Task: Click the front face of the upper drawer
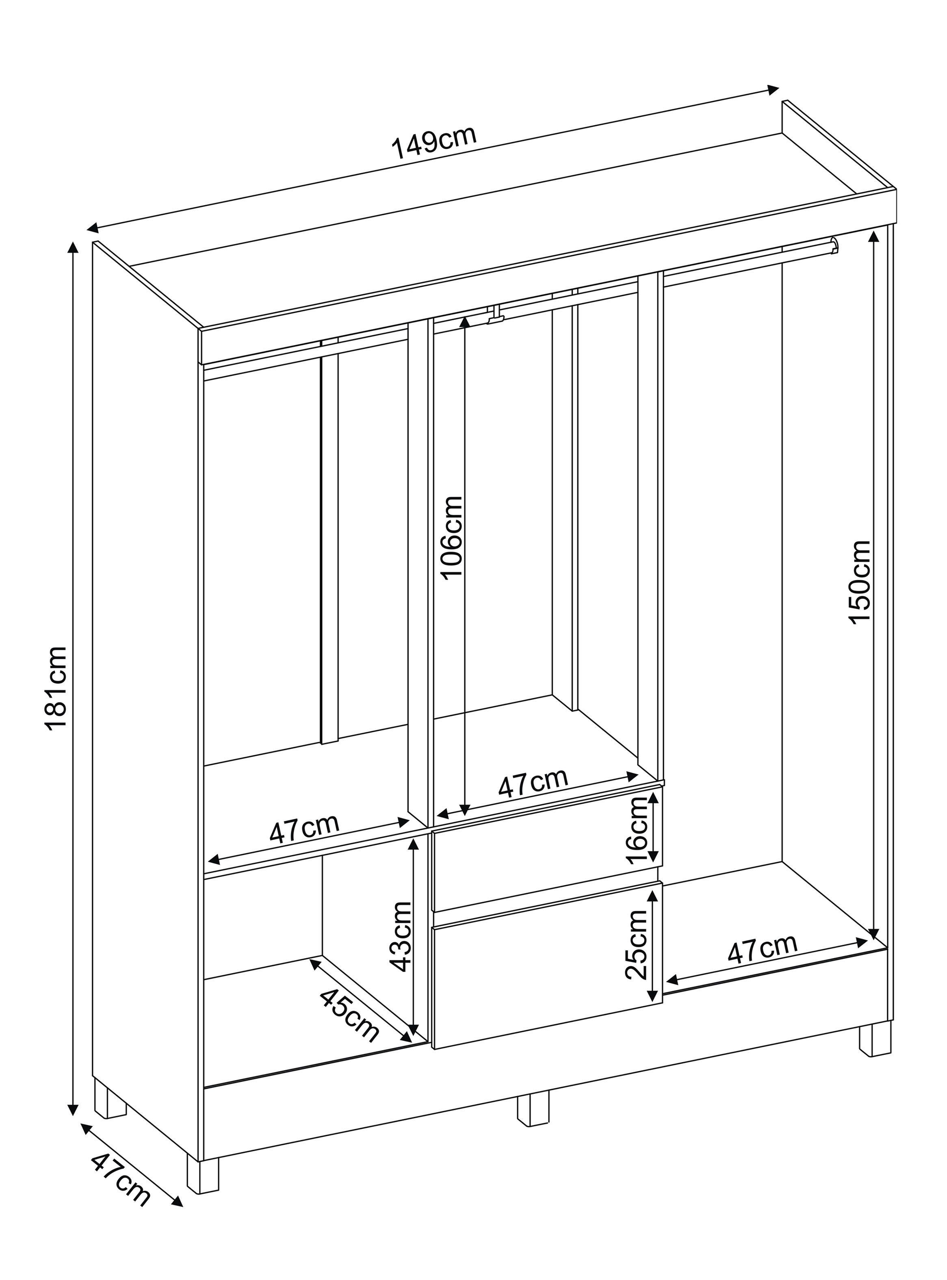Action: [x=548, y=849]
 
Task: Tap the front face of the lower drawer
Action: [x=548, y=965]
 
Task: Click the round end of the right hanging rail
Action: [x=834, y=246]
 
